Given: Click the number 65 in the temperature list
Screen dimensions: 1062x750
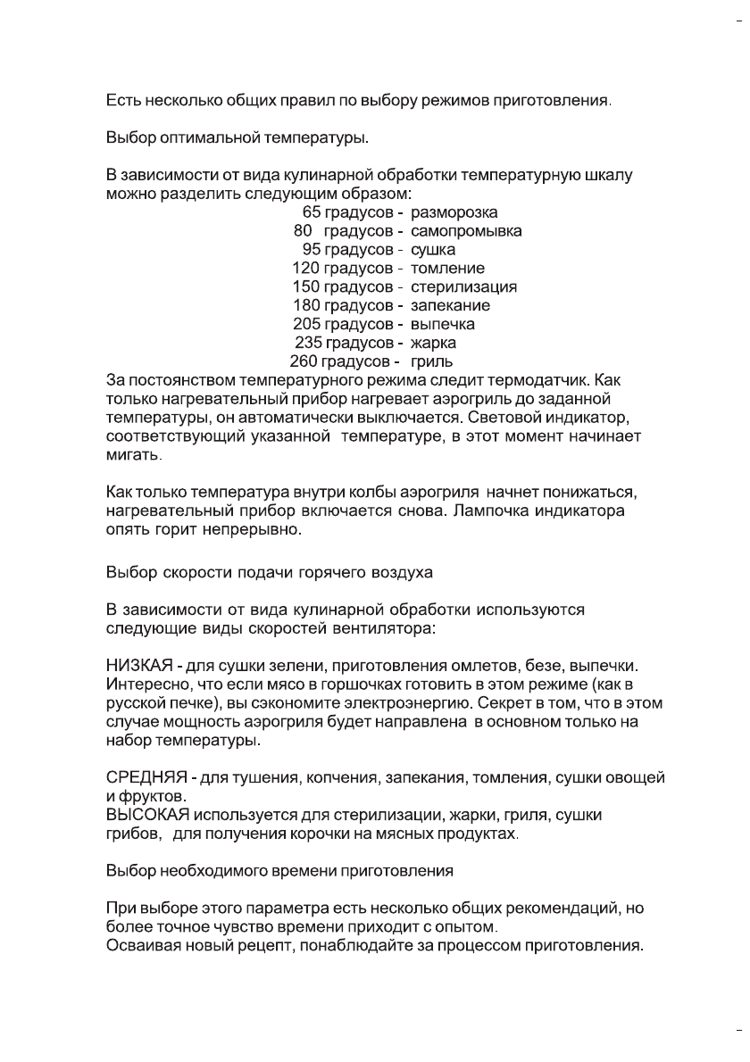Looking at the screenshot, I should (312, 212).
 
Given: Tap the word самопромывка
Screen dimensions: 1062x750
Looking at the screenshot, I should (466, 231).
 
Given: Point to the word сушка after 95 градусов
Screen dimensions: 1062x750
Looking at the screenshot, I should (433, 250).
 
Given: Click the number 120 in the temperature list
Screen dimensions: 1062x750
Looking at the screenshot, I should (306, 269).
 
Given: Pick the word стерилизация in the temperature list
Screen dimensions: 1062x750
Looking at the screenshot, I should (463, 287).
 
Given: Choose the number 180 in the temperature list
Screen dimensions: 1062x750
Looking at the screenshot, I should (306, 306).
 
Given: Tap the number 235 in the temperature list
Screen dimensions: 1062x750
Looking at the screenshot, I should (308, 343).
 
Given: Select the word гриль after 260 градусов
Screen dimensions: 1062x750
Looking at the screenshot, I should (431, 362).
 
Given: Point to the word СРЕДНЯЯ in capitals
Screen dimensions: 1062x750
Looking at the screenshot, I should (144, 778).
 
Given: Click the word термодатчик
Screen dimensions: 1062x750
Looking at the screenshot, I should (542, 380).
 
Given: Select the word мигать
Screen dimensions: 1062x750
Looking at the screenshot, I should (134, 455).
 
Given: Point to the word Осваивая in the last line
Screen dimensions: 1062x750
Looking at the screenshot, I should (139, 947).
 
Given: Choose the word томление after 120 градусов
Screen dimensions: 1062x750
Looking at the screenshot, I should (447, 269).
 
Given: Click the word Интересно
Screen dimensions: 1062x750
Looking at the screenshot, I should (143, 685).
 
